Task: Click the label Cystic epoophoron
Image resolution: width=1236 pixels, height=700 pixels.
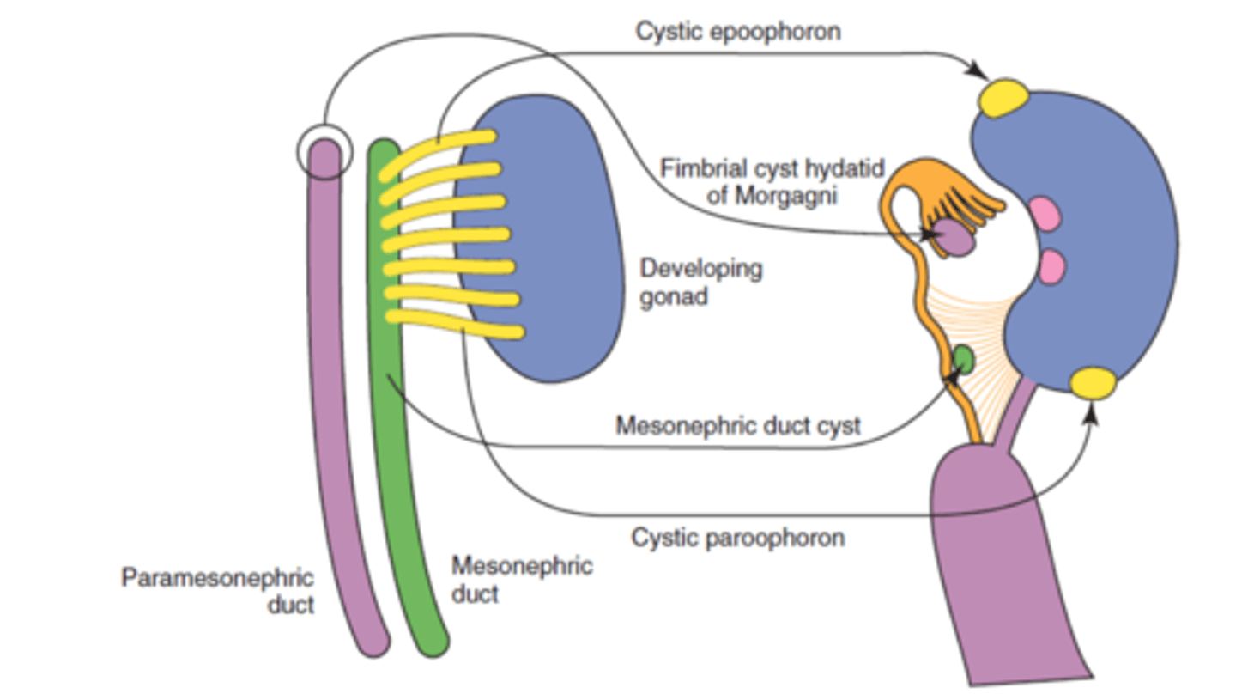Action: click(x=737, y=32)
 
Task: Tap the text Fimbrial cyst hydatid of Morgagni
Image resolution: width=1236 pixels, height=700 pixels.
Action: click(x=771, y=180)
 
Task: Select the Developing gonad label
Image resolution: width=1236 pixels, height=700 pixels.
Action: click(x=700, y=283)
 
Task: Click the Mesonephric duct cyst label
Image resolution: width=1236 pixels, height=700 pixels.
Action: click(x=737, y=425)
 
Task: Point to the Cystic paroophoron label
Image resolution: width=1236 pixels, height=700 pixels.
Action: click(x=737, y=539)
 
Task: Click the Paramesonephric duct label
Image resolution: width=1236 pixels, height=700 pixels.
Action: click(x=217, y=590)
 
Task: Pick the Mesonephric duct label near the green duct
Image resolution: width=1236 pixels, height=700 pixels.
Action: click(x=521, y=579)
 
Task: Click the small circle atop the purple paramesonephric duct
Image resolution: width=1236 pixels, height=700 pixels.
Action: click(x=324, y=152)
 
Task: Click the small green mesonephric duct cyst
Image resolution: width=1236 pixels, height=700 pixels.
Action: click(x=963, y=359)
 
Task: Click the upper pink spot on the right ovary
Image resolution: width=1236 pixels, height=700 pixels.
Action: click(x=1045, y=215)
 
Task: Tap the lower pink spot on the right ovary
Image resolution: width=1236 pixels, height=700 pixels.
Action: click(x=1051, y=266)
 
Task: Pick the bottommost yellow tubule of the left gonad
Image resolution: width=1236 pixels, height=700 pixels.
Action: click(x=455, y=324)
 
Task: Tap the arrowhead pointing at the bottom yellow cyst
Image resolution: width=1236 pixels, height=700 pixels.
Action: click(x=1092, y=415)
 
